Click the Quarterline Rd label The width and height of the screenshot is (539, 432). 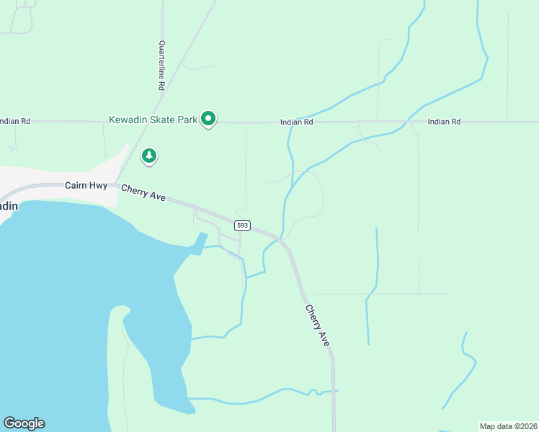click(x=161, y=65)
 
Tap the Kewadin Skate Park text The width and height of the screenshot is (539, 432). click(x=153, y=119)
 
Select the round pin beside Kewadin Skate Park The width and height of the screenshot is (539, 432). click(x=209, y=118)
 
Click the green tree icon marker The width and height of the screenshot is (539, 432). click(x=149, y=156)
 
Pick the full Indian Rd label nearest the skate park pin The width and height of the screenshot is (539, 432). click(x=297, y=122)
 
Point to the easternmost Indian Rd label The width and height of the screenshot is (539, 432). click(x=444, y=122)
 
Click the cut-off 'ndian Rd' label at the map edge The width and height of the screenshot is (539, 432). click(x=15, y=122)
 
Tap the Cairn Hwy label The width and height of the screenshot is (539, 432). click(x=86, y=186)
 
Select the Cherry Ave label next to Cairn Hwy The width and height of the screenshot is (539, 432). click(x=143, y=194)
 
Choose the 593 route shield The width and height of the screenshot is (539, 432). click(x=242, y=225)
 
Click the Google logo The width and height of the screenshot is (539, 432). click(x=24, y=423)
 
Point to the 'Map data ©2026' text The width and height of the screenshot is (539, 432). click(x=509, y=426)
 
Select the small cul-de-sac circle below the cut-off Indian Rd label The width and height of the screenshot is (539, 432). click(x=13, y=148)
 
